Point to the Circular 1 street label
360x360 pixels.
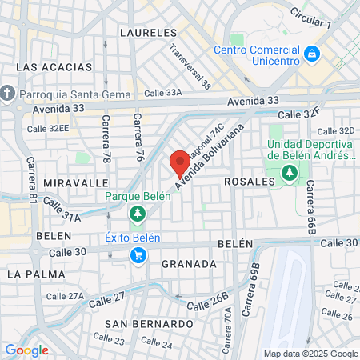(x=311, y=18)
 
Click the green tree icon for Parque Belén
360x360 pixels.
(x=137, y=214)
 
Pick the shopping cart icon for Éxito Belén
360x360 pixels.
(x=138, y=255)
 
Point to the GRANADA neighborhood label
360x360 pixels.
(x=189, y=263)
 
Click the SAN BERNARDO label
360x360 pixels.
(x=148, y=324)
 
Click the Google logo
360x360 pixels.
(x=26, y=350)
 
